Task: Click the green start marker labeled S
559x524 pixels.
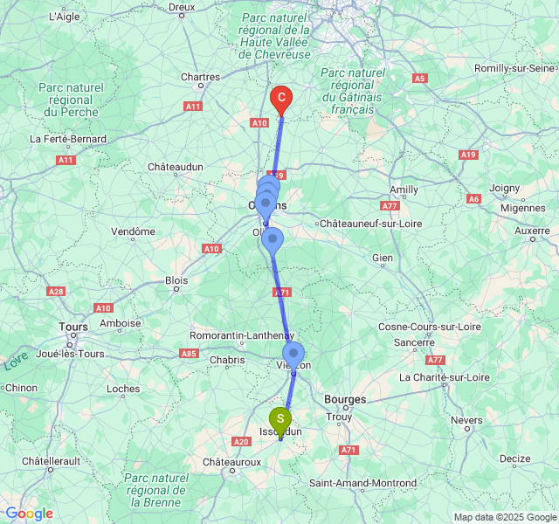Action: point(279,419)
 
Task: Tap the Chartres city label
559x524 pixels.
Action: point(200,77)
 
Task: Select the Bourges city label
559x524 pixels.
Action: point(345,399)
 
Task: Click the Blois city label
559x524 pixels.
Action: point(176,281)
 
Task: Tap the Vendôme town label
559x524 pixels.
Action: point(134,231)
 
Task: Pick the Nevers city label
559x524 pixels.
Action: point(466,420)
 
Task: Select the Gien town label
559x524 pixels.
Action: point(382,258)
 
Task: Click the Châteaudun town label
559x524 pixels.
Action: point(175,166)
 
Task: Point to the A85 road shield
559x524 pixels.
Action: point(188,353)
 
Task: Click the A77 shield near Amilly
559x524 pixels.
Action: point(390,206)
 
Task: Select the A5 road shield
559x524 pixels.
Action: point(420,79)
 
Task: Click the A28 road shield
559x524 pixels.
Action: point(56,292)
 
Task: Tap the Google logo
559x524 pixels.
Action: point(29,513)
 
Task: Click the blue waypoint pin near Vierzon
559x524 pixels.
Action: point(293,354)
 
